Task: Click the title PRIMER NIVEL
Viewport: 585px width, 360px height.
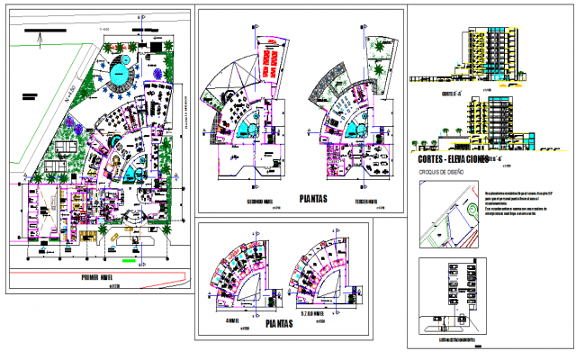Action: click(x=102, y=277)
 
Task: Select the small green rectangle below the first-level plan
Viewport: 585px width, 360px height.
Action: click(x=129, y=262)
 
